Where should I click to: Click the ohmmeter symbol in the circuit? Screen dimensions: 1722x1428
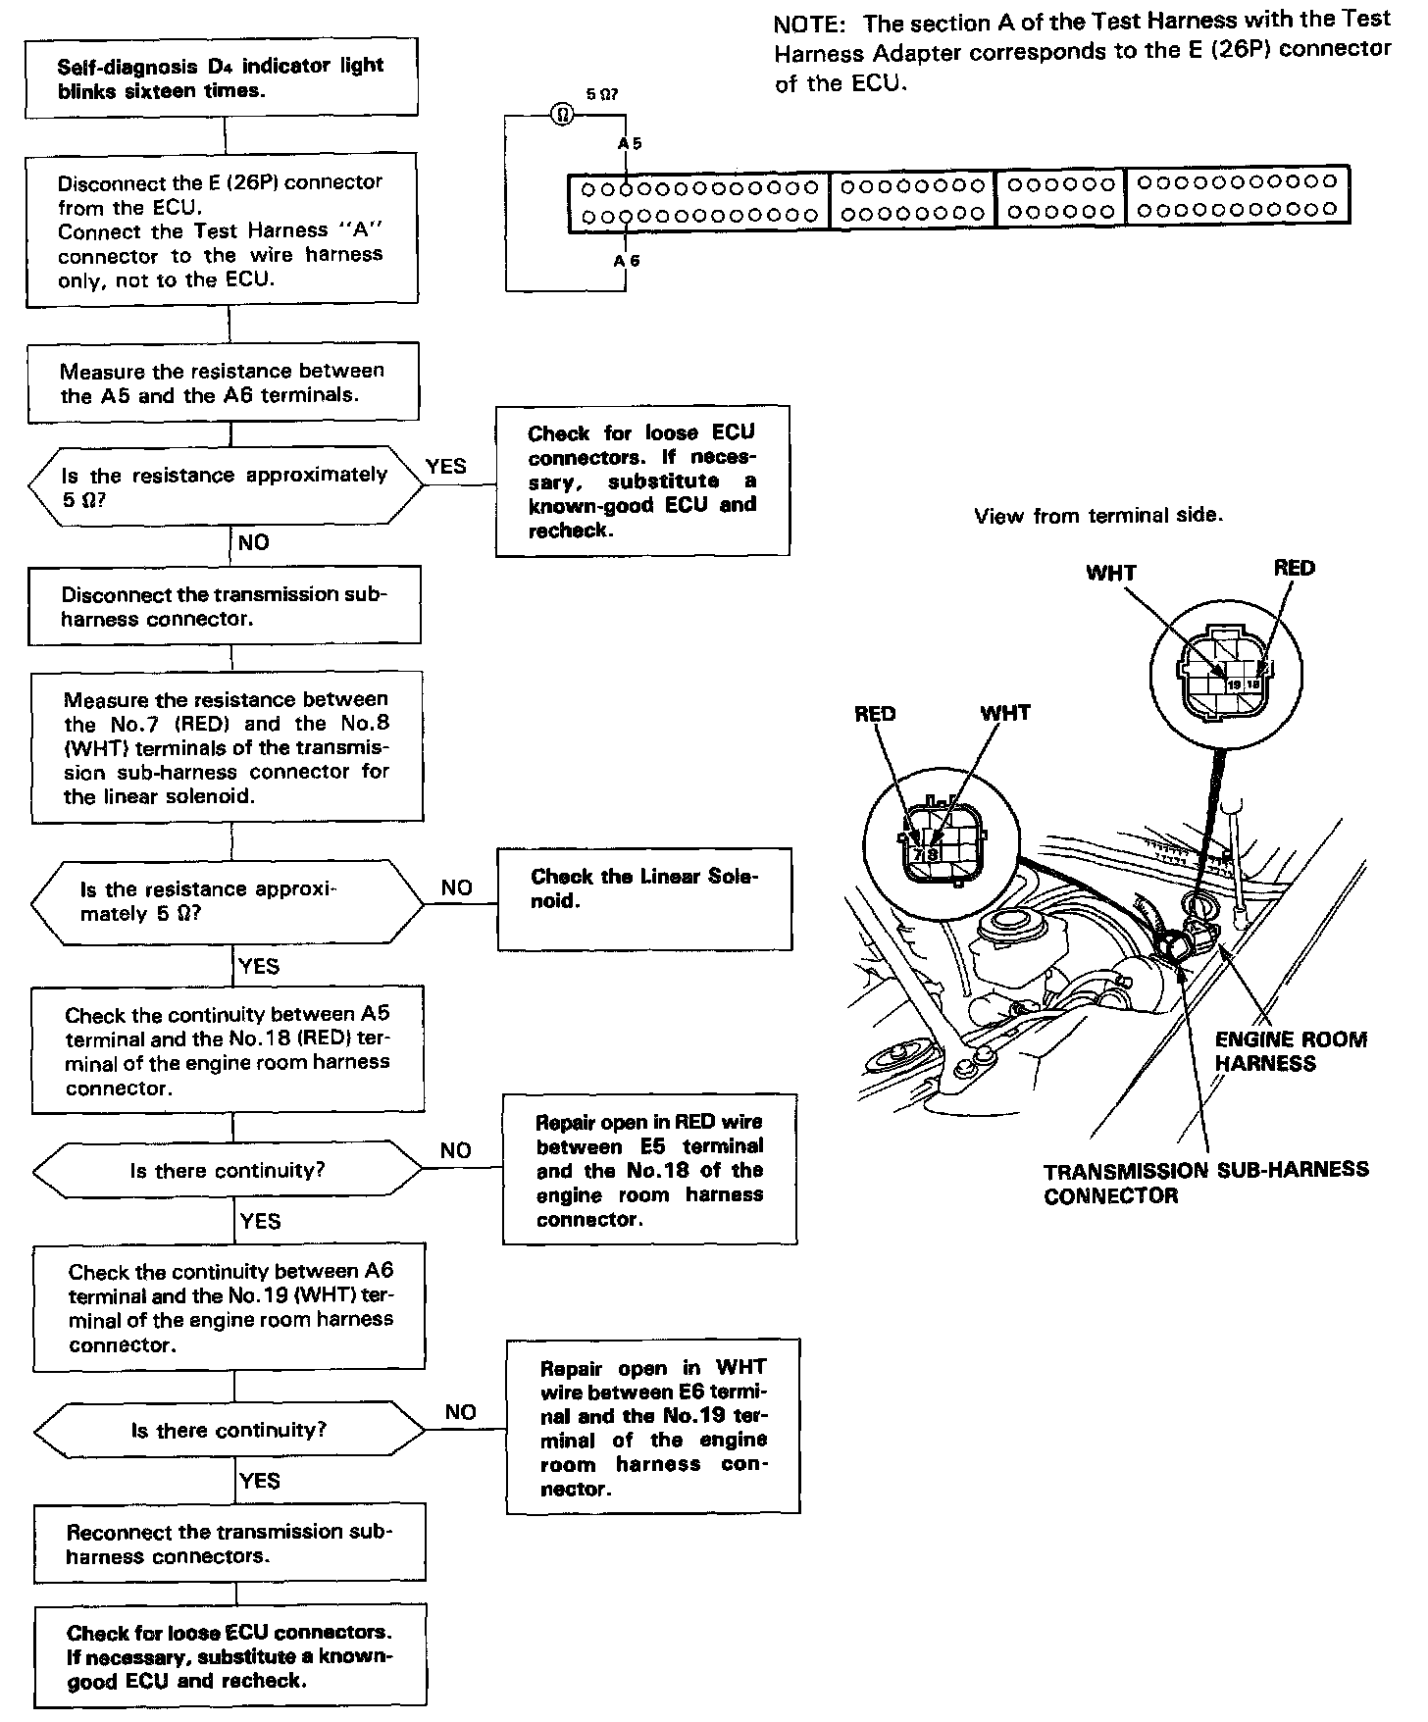[563, 114]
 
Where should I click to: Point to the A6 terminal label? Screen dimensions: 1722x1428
[627, 261]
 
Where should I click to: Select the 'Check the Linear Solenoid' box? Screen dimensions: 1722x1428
[644, 898]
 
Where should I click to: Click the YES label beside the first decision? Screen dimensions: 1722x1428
[446, 466]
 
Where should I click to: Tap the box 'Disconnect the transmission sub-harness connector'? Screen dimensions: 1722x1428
[225, 606]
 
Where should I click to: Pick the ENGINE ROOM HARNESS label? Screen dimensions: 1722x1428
[1290, 1051]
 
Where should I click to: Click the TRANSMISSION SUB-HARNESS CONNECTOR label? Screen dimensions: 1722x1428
[1205, 1182]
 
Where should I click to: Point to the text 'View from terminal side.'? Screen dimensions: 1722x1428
[1098, 516]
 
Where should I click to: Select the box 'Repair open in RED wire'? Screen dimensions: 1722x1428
[649, 1170]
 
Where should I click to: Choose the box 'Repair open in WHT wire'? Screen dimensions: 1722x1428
[653, 1427]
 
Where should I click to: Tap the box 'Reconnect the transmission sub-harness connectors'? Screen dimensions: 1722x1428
[229, 1544]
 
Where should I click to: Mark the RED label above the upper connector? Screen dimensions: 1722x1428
[1294, 568]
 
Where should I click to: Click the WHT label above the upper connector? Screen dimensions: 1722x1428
[1110, 572]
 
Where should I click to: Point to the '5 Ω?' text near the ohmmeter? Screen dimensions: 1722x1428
[601, 95]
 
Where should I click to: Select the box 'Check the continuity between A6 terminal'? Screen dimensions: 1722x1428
[230, 1307]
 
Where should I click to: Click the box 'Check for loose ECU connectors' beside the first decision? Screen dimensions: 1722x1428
[642, 481]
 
